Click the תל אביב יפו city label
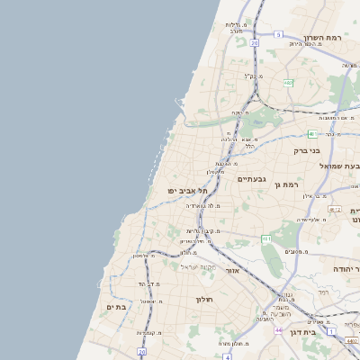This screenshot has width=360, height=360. pyautogui.click(x=188, y=191)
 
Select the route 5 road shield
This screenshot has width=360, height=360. pyautogui.click(x=279, y=34)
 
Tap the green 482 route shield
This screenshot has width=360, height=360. pyautogui.click(x=288, y=83)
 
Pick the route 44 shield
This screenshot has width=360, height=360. pyautogui.click(x=279, y=331)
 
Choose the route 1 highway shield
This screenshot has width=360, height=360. pyautogui.click(x=331, y=332)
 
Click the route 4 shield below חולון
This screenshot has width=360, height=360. pyautogui.click(x=228, y=356)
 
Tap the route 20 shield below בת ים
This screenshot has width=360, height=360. pyautogui.click(x=141, y=353)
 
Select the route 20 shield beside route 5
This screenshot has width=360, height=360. pyautogui.click(x=255, y=42)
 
